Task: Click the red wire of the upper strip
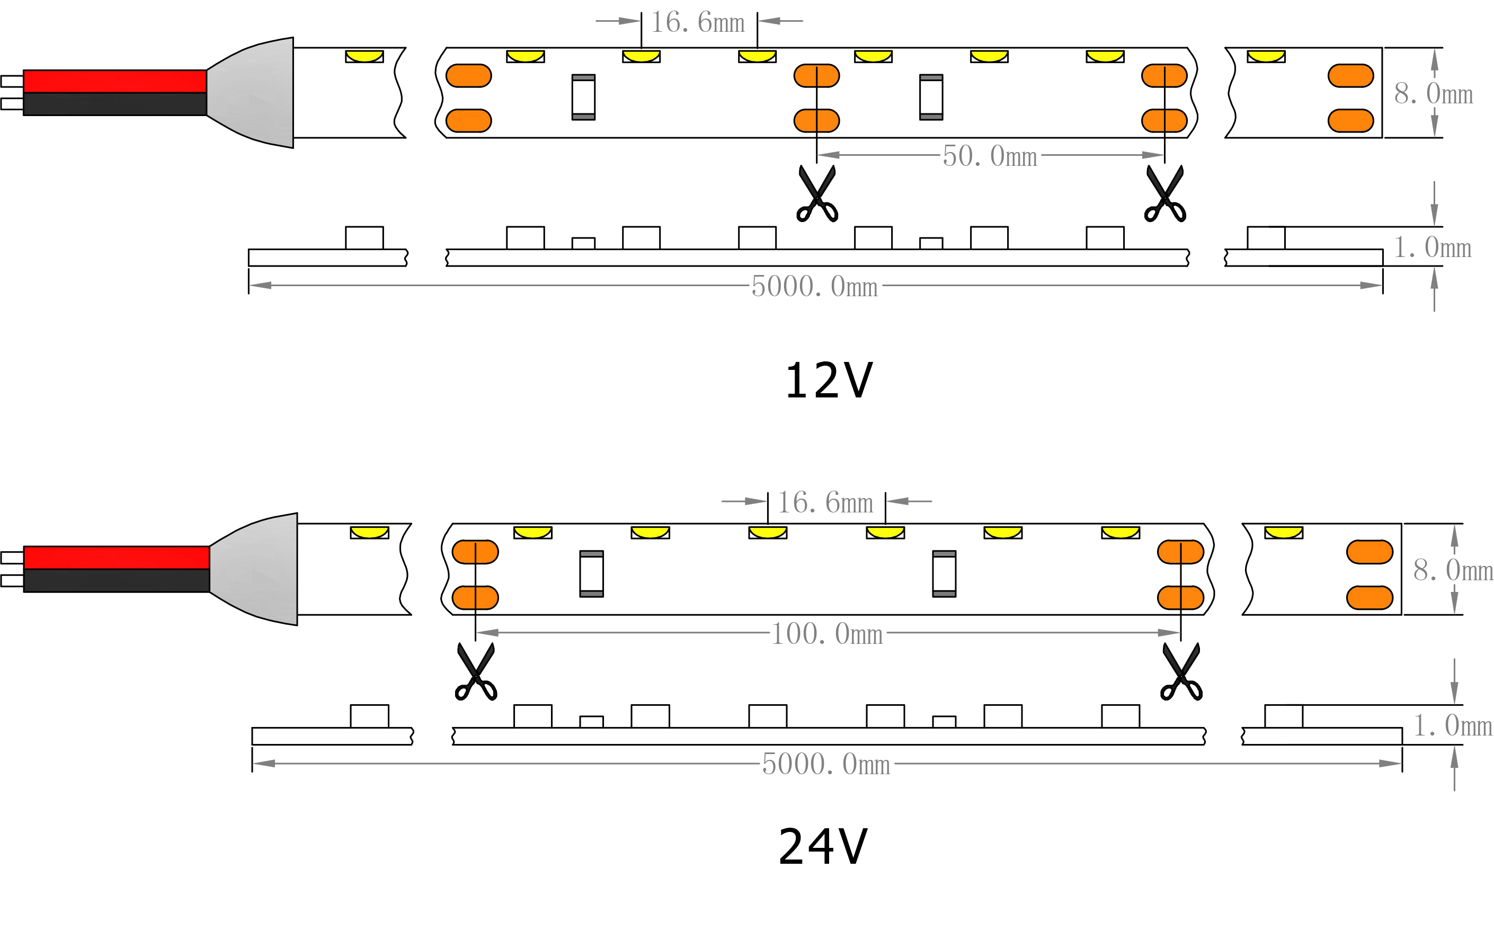(115, 81)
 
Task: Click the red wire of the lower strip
(117, 557)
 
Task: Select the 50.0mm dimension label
(990, 156)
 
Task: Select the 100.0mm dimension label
(826, 634)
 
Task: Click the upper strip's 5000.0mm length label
(815, 287)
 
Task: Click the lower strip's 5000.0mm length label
(826, 764)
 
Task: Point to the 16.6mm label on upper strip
(697, 24)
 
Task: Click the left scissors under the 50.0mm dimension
(817, 194)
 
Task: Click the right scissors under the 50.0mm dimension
(1164, 194)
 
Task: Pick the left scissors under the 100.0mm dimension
(476, 673)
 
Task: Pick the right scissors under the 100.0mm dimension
(1181, 673)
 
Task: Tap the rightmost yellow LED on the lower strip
(1284, 533)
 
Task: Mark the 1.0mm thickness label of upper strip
(1432, 248)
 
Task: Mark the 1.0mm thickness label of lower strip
(1452, 725)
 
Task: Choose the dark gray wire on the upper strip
(115, 104)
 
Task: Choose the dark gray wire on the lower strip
(117, 580)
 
